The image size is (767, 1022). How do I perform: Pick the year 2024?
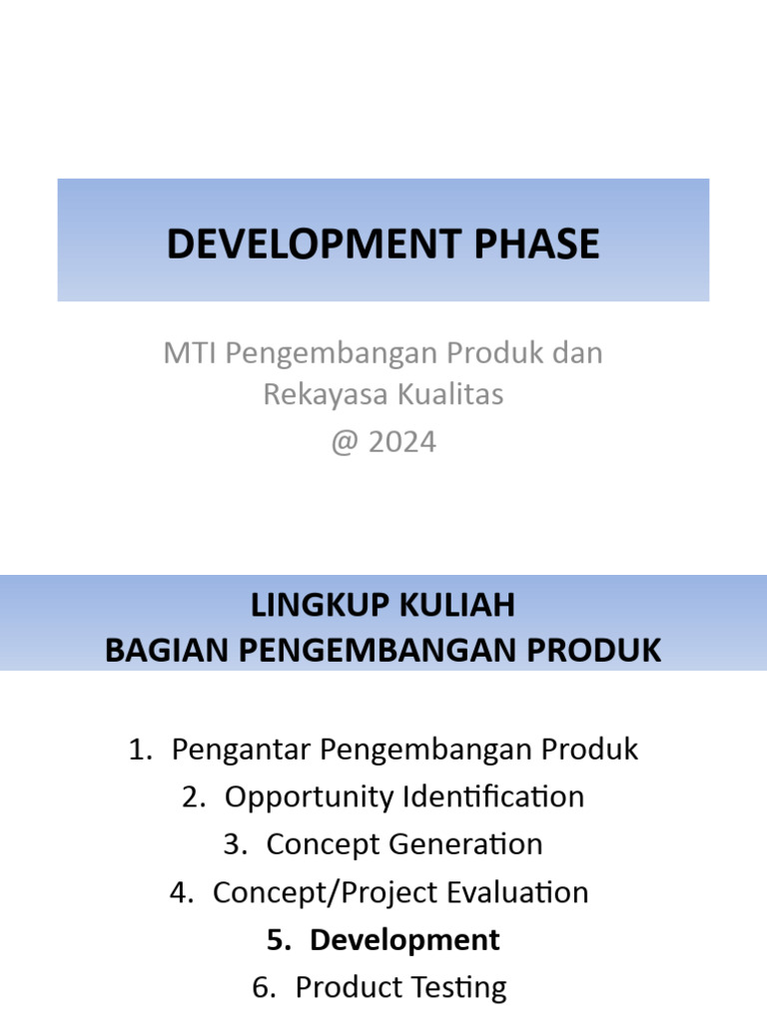[402, 442]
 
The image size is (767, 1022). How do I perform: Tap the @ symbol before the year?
[345, 442]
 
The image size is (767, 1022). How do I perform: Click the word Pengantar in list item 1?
[234, 750]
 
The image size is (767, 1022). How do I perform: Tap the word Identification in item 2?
[493, 797]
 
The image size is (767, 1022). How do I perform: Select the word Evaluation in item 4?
[518, 892]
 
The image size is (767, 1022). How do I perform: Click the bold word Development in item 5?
[404, 940]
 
